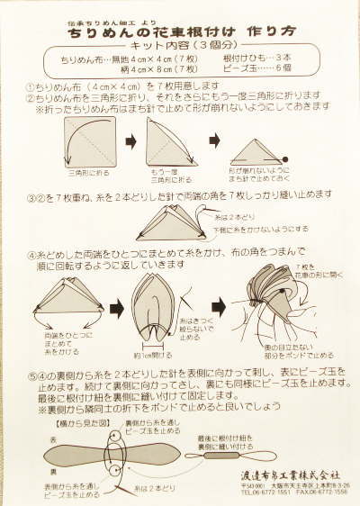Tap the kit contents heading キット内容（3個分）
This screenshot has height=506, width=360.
tap(181, 46)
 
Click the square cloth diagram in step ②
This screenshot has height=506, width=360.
tap(89, 140)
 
